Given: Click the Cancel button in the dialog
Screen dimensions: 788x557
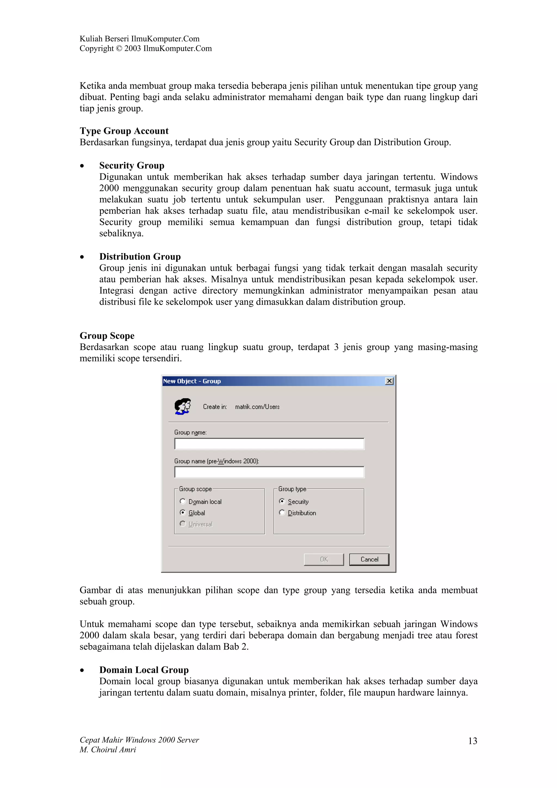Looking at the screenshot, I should click(x=369, y=559).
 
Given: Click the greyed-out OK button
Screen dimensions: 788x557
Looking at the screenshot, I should click(x=324, y=559).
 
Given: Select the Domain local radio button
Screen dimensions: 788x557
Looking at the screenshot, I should click(x=182, y=501).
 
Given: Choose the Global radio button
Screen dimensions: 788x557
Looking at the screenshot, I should click(x=182, y=512).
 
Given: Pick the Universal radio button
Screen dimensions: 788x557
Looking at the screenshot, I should click(x=182, y=524).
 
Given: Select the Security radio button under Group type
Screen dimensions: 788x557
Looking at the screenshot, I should click(x=282, y=501).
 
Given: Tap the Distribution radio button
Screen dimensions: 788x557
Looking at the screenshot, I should click(x=282, y=512).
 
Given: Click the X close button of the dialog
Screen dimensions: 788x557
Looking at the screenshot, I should click(x=389, y=381).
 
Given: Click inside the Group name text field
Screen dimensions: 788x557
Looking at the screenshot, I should click(x=269, y=444).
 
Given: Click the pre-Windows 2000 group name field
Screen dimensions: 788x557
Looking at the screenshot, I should click(x=269, y=472).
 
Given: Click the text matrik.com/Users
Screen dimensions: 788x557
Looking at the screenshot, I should click(x=257, y=407).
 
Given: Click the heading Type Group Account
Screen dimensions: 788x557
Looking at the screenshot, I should click(x=124, y=131).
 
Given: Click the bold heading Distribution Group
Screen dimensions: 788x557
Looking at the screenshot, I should click(x=140, y=256).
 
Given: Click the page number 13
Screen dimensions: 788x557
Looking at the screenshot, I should click(x=473, y=741).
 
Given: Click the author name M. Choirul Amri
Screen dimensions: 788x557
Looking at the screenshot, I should click(x=108, y=750).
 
